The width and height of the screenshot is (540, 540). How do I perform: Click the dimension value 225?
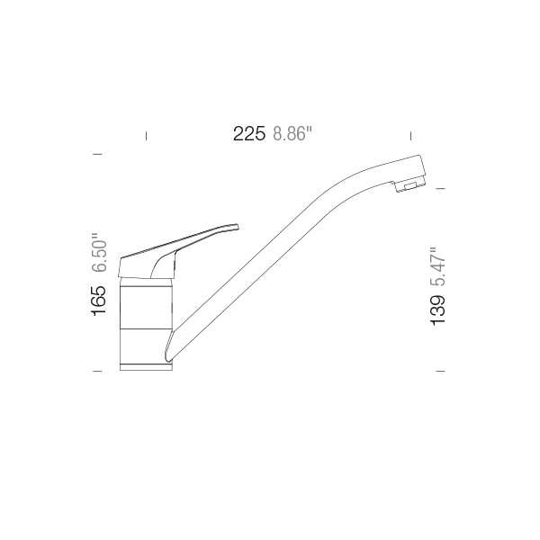coord(248,135)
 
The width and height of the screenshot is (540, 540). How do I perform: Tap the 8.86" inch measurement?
coord(292,135)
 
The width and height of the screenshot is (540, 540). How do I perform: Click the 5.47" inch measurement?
coord(438,266)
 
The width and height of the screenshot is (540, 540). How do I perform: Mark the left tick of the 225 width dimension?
coord(146,136)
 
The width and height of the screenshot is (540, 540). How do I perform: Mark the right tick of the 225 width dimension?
coord(410,136)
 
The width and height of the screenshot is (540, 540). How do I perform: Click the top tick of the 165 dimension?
coord(97,155)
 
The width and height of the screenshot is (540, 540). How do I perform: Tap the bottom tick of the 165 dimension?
coord(97,370)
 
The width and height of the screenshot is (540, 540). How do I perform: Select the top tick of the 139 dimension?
coord(441,188)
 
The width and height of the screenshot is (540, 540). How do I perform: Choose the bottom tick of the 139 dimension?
coord(441,370)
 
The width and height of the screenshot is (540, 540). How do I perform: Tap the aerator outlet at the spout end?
coord(410,186)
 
